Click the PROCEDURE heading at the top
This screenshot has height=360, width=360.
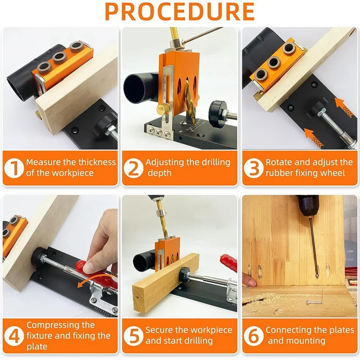180,12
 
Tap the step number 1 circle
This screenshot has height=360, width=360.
14,168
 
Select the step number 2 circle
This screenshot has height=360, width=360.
134,168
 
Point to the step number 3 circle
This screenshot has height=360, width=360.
253,168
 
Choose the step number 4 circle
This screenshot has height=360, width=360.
14,336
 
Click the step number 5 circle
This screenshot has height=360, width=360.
134,336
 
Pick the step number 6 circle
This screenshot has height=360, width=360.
253,336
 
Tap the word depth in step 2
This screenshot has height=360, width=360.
160,173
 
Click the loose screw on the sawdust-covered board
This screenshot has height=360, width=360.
314,302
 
